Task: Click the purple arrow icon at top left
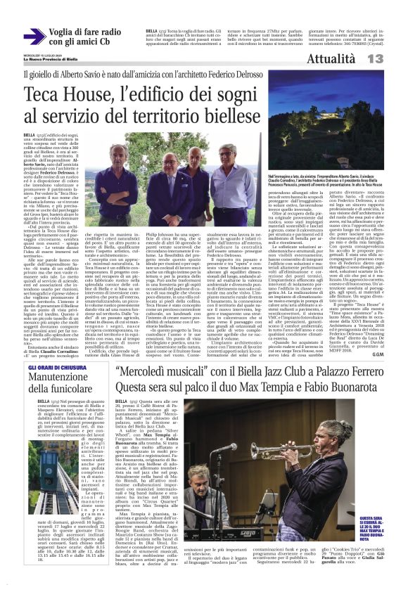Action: tap(34, 37)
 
